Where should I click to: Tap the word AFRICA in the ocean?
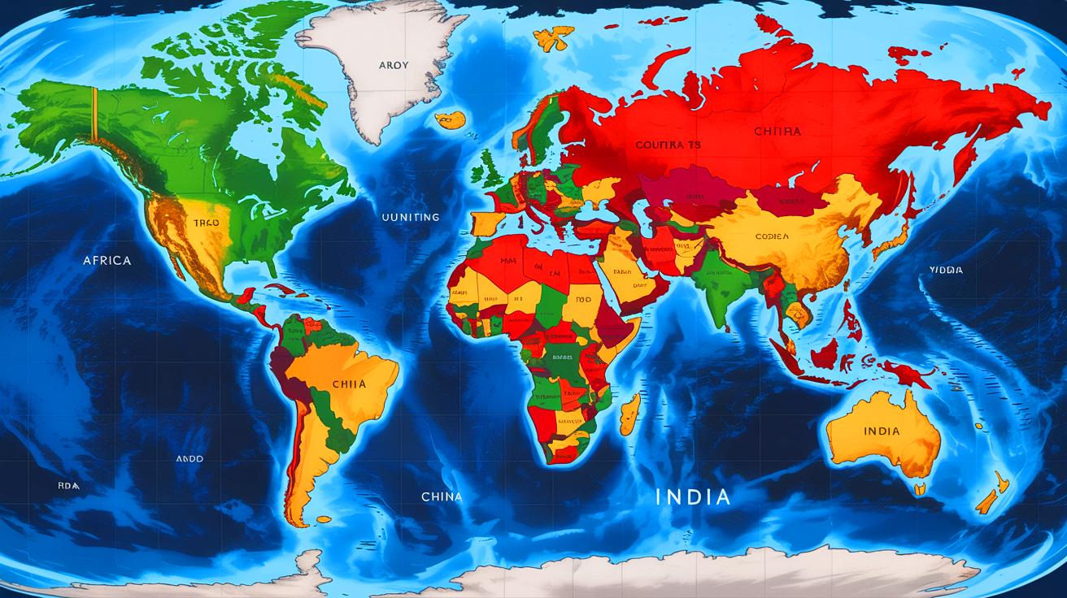(107, 261)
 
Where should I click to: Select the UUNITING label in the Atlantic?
(411, 217)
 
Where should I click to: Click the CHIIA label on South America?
(349, 383)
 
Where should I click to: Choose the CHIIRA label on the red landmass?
(777, 131)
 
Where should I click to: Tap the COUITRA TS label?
(668, 145)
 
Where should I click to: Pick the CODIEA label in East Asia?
(772, 236)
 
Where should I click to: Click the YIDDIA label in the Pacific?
(946, 270)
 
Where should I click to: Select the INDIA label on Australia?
(882, 431)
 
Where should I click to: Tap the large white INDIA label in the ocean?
(694, 496)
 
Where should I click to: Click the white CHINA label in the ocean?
(442, 496)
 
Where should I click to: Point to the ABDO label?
(189, 459)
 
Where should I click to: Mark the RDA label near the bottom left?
(68, 485)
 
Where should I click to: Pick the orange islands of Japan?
(894, 232)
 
